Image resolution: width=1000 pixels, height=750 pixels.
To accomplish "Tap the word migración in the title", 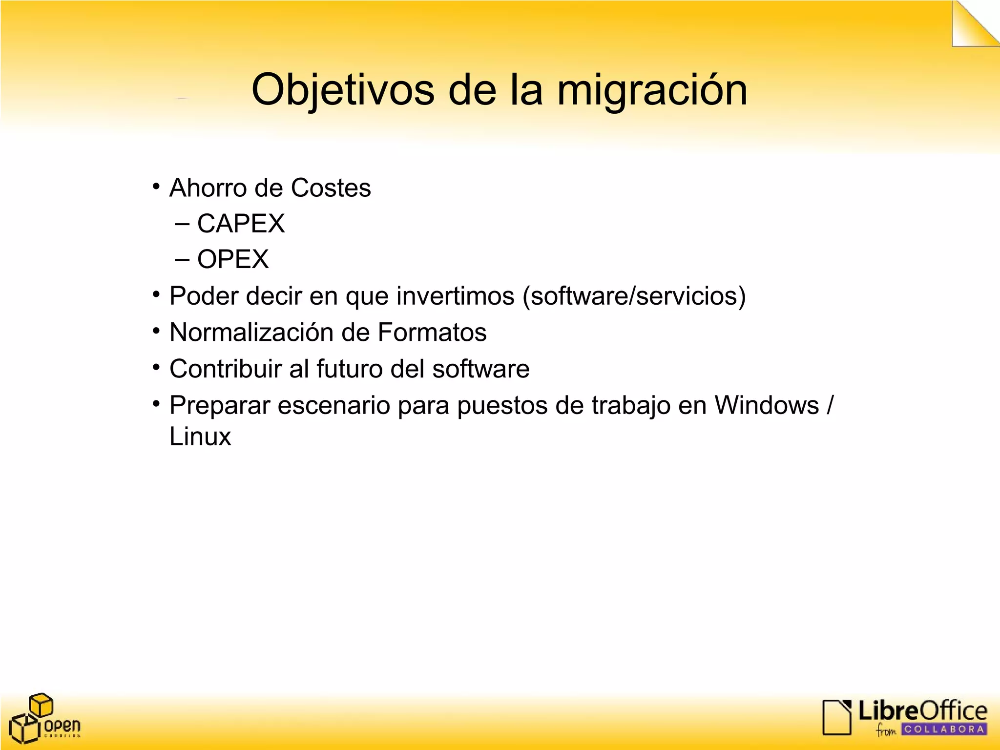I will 652,90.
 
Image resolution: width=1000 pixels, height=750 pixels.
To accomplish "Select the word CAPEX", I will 241,224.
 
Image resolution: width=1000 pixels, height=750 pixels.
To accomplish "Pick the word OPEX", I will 233,259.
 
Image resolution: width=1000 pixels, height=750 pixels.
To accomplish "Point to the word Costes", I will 331,188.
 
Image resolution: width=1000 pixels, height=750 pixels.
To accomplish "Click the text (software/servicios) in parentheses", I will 634,296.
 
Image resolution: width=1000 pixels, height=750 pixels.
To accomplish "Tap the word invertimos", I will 455,296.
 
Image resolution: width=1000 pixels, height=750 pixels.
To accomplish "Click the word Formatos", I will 432,333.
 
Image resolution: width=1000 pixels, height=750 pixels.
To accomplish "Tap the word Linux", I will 200,437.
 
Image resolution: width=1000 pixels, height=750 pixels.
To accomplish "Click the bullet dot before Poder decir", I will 156,294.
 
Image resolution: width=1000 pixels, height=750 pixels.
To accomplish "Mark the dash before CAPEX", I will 182,225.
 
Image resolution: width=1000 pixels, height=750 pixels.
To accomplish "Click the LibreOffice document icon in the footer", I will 837,717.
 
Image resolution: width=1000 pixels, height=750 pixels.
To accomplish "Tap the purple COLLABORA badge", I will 944,729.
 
